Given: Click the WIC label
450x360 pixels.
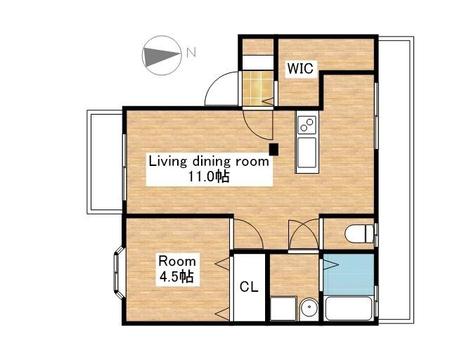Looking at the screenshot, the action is [x=301, y=69].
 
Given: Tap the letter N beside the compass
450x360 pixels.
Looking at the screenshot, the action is [x=191, y=52].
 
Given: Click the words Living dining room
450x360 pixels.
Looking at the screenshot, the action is [x=209, y=162].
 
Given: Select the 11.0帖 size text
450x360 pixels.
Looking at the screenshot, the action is [x=209, y=176].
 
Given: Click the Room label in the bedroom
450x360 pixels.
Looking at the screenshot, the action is [x=177, y=262].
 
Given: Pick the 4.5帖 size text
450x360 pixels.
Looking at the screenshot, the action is [x=176, y=277].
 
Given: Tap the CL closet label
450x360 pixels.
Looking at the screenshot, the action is [x=249, y=286].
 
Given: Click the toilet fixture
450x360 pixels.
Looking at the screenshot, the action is [x=359, y=233].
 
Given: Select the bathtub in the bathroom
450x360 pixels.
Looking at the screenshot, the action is [x=349, y=308].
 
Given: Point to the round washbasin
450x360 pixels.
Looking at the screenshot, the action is [x=309, y=309].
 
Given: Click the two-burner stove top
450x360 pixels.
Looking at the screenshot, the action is [x=307, y=124].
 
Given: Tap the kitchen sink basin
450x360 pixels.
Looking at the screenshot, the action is [x=307, y=153].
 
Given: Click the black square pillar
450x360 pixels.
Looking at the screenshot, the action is [x=274, y=149].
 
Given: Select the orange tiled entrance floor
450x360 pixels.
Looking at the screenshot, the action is [x=258, y=88].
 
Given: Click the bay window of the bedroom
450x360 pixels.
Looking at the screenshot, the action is [x=118, y=272].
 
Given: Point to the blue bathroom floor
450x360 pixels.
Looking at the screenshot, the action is [x=349, y=274].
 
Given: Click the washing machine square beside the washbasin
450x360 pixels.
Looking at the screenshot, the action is [x=283, y=309].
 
